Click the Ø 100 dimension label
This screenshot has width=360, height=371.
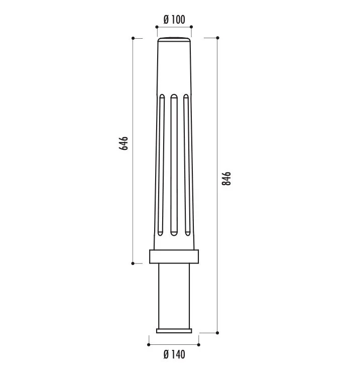click(174, 20)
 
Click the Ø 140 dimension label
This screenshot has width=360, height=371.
click(174, 354)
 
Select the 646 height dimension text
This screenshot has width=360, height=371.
click(124, 143)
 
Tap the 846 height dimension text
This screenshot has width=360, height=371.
click(226, 178)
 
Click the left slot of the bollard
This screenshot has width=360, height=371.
click(162, 165)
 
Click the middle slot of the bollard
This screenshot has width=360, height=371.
click(174, 165)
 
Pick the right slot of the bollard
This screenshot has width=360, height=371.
click(187, 165)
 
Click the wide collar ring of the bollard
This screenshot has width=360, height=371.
click(174, 256)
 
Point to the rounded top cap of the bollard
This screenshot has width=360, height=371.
click(174, 40)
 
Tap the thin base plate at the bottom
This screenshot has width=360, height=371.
click(174, 331)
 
